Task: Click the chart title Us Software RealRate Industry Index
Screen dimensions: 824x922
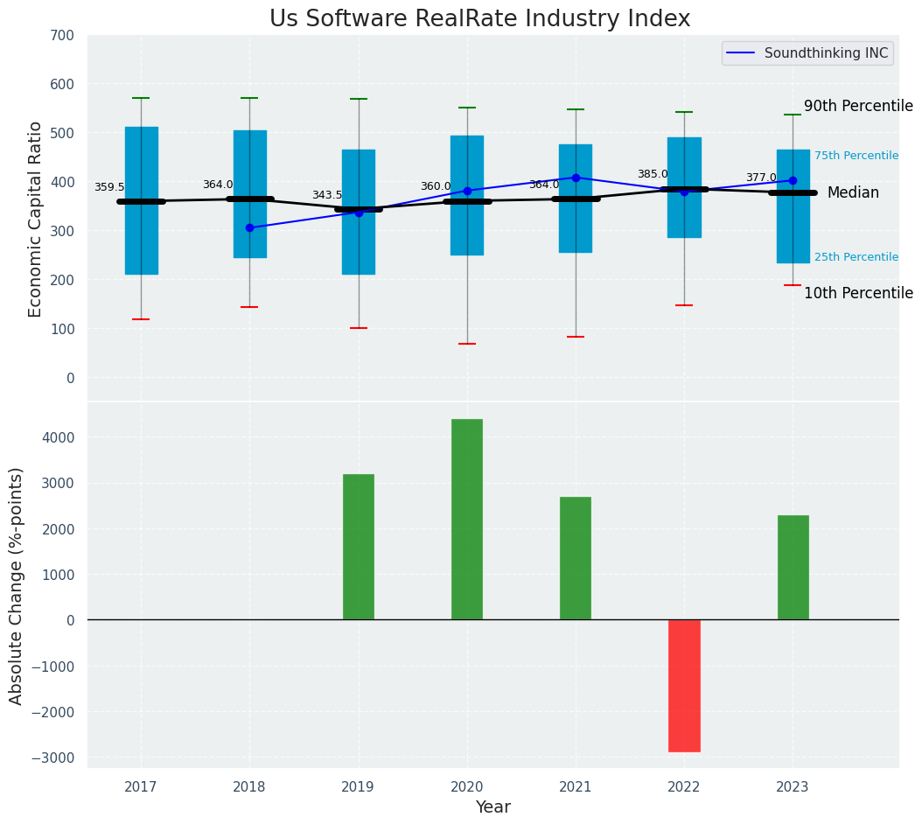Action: point(479,19)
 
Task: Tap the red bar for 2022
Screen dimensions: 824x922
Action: point(684,686)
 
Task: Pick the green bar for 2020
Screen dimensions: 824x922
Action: point(467,520)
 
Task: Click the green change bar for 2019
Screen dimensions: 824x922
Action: point(359,547)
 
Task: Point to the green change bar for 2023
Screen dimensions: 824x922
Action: point(793,568)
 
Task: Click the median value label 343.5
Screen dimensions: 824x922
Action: point(327,195)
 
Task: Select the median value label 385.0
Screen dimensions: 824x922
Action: point(653,174)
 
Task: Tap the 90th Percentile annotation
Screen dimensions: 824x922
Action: point(858,106)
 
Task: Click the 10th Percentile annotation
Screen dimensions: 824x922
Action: point(858,293)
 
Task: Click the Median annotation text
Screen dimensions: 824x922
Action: point(853,192)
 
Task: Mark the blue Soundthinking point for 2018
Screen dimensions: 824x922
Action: point(249,227)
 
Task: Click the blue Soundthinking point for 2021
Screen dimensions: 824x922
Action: point(576,178)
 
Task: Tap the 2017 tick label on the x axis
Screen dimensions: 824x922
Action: point(141,787)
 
